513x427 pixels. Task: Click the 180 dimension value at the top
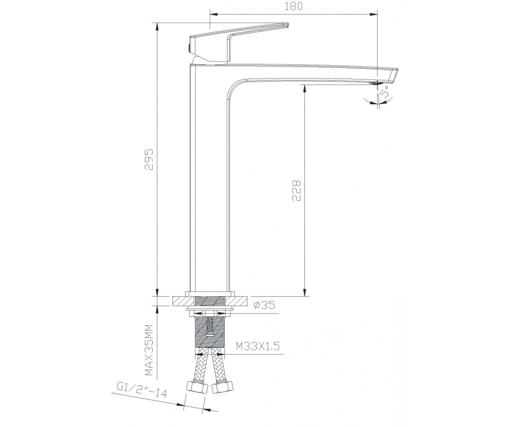click(293, 6)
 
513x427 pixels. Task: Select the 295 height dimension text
click(149, 159)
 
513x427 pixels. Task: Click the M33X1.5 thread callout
click(258, 346)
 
